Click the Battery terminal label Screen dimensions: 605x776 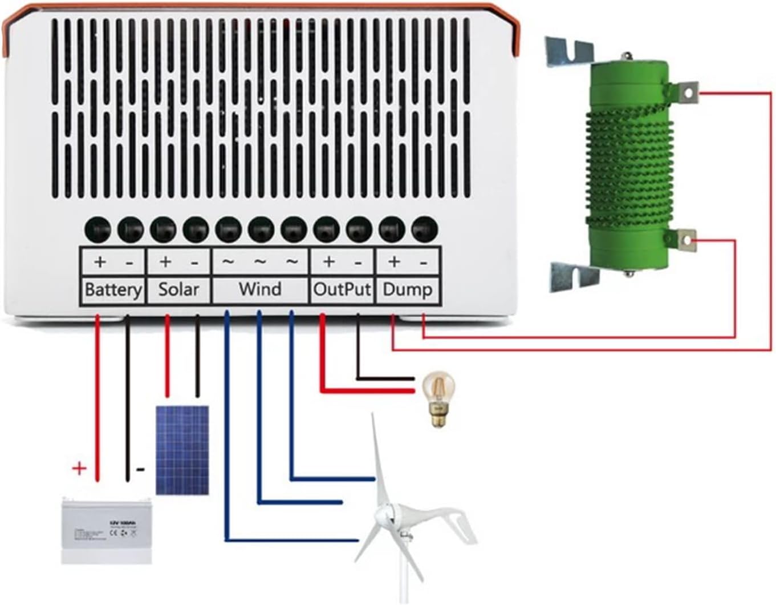coord(113,289)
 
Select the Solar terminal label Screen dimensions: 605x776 coord(178,289)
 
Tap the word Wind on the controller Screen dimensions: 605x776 coord(260,289)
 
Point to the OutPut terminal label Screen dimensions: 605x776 coord(342,289)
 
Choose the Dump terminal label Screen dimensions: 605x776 coord(407,289)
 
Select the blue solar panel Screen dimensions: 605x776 coord(182,450)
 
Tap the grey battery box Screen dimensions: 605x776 coord(107,530)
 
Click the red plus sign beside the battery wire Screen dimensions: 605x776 coord(79,469)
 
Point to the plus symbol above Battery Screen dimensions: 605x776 coord(100,262)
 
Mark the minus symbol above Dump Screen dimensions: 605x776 coord(424,263)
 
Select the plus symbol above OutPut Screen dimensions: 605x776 coord(328,262)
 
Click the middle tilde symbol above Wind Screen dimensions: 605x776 coord(260,262)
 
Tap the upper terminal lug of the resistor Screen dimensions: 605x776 coord(688,91)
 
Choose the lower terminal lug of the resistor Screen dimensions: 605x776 coord(688,241)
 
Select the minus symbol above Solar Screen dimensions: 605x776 coord(195,263)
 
